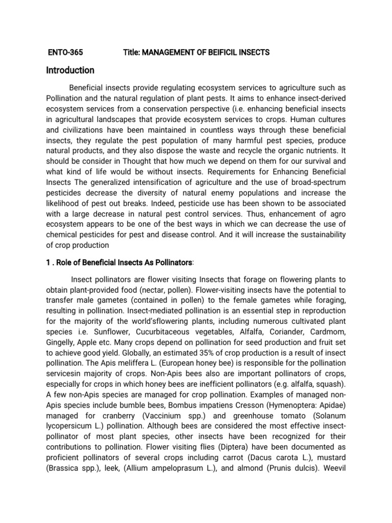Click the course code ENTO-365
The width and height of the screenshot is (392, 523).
(x=65, y=53)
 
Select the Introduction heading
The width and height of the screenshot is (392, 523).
(x=70, y=70)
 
